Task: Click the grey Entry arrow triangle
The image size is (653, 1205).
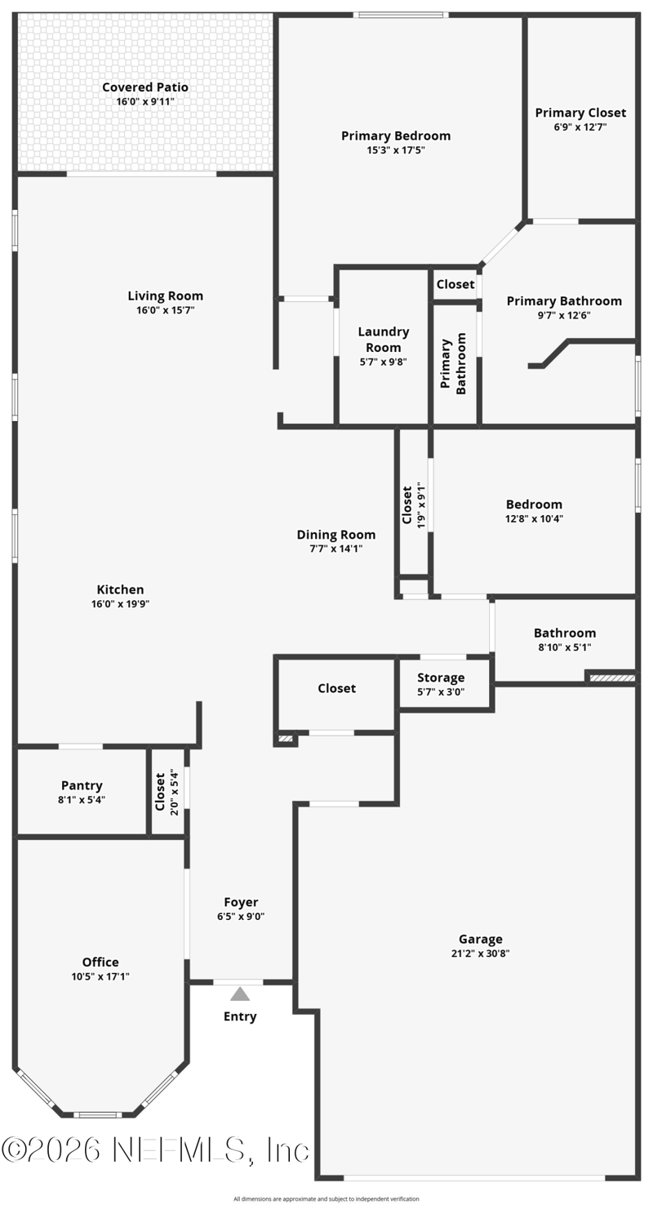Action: [x=240, y=994]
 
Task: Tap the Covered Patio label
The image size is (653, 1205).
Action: [x=145, y=87]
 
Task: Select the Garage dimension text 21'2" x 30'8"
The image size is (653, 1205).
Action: [x=480, y=954]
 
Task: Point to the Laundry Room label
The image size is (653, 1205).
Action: [x=384, y=340]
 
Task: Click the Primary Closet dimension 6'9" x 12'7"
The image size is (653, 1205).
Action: [x=580, y=127]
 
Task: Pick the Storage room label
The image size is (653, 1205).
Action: [x=441, y=678]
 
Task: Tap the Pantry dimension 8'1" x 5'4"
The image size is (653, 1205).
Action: [x=82, y=800]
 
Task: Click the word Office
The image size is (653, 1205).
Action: [x=100, y=963]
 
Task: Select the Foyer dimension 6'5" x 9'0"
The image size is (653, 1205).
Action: [x=241, y=917]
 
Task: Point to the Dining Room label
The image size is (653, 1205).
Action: [x=336, y=535]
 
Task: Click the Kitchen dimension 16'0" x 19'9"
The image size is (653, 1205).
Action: [x=120, y=604]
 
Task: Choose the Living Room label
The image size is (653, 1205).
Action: [x=165, y=296]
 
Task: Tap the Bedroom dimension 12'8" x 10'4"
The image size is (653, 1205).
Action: [x=534, y=519]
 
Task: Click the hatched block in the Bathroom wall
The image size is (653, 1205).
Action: [x=612, y=678]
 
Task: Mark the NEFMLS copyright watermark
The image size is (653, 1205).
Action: [x=155, y=1151]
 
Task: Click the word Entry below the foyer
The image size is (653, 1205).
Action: [x=240, y=1016]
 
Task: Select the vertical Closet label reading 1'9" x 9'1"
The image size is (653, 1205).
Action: [x=414, y=505]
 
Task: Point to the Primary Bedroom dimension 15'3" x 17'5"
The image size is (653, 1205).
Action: [x=396, y=150]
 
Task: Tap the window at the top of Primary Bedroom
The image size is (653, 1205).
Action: [x=401, y=15]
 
